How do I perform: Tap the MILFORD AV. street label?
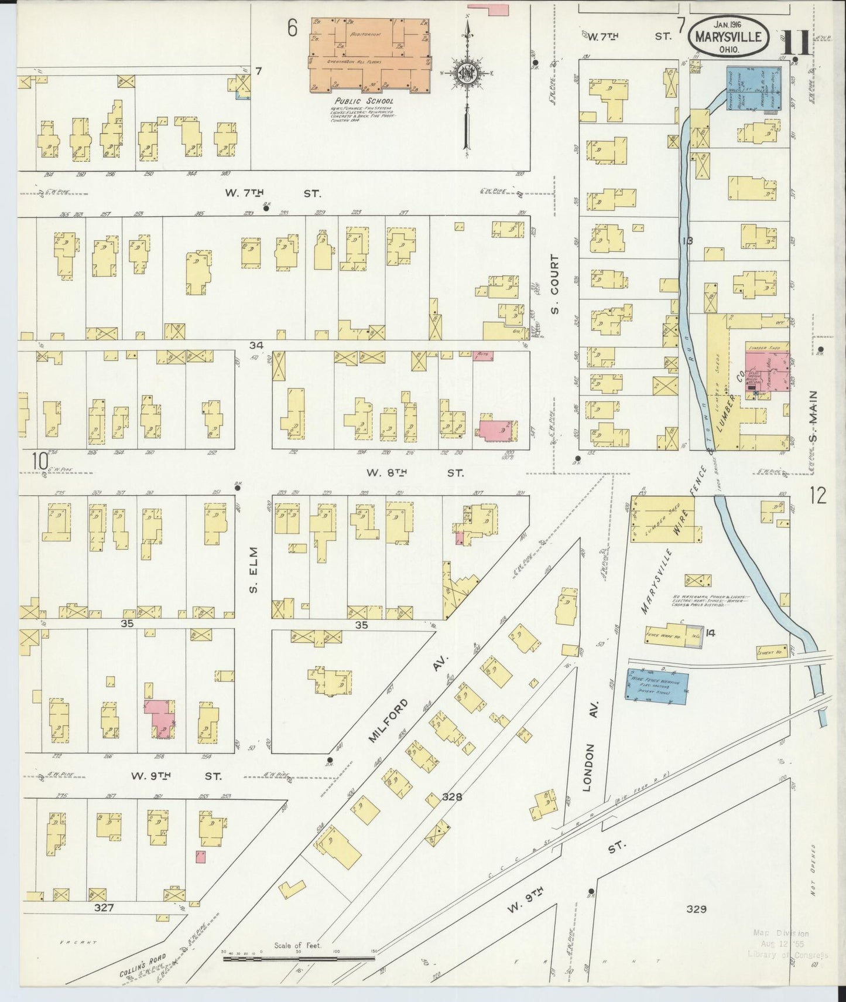pyautogui.click(x=407, y=699)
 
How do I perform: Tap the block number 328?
pyautogui.click(x=453, y=797)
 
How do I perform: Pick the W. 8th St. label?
pyautogui.click(x=415, y=472)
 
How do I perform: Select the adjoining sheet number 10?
pyautogui.click(x=40, y=462)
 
